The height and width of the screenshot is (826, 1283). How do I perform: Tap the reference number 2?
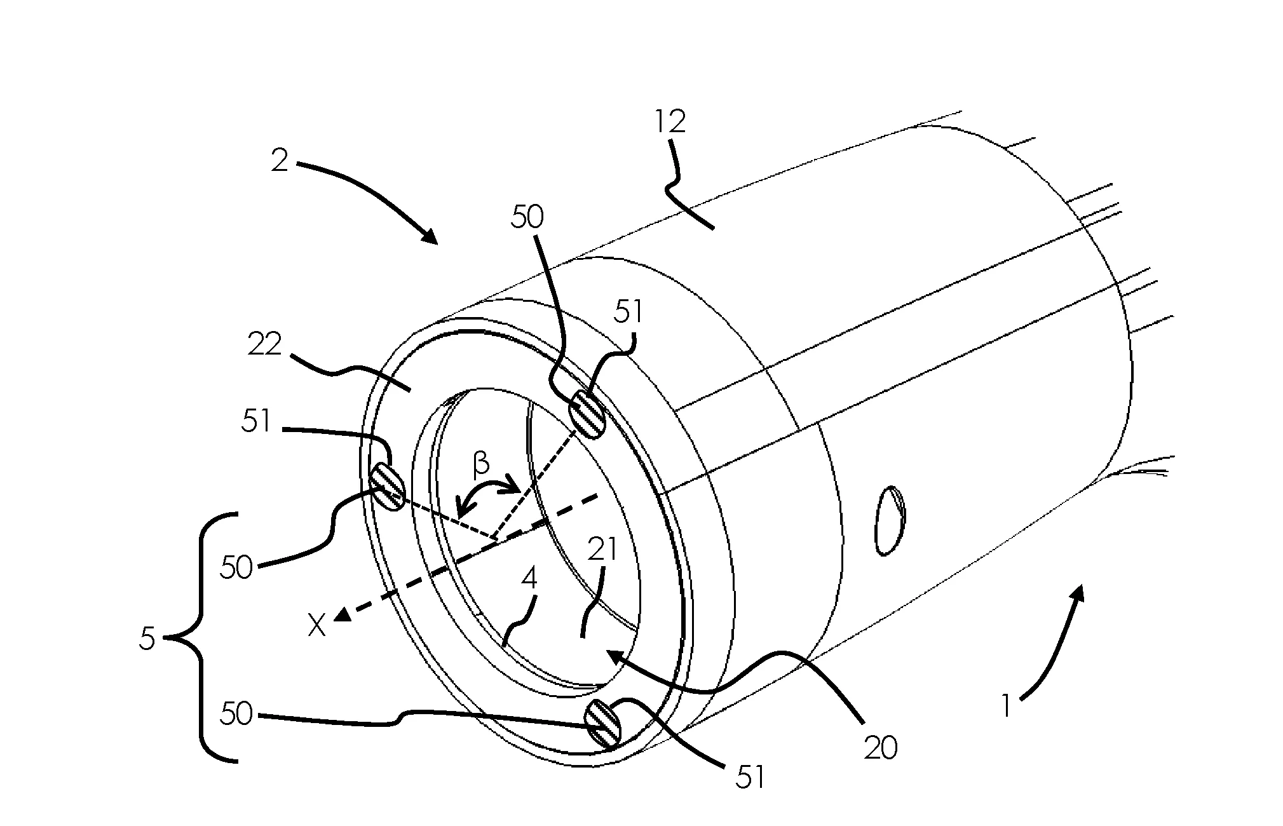(x=280, y=161)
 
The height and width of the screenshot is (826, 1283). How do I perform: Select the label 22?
(x=264, y=346)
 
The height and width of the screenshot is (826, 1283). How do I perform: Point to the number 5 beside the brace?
(x=147, y=639)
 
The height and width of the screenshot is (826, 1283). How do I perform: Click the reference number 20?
(x=881, y=748)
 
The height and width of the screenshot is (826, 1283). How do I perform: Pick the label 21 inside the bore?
(x=602, y=550)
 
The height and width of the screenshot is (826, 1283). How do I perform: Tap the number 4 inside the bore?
(x=529, y=578)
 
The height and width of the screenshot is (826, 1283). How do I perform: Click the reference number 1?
(x=1005, y=705)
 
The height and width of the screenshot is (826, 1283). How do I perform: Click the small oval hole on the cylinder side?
(x=890, y=520)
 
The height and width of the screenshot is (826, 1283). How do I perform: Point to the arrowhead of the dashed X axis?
(x=343, y=614)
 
